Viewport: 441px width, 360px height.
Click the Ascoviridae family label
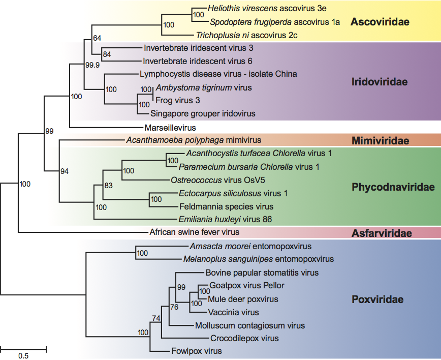click(x=380, y=22)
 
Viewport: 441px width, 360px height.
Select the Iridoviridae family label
click(x=381, y=82)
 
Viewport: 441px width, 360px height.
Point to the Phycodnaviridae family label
click(x=393, y=187)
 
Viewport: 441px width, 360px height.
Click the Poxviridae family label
click(x=377, y=299)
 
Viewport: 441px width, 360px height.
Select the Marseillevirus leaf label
click(x=170, y=128)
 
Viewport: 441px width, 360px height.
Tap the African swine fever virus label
click(x=194, y=232)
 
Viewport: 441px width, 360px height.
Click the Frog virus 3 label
click(x=177, y=101)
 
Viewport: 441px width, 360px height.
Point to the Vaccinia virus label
click(x=233, y=312)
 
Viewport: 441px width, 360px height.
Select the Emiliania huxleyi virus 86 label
click(x=226, y=220)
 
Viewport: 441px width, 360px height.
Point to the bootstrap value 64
click(x=98, y=38)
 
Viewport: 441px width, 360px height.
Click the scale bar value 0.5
click(x=23, y=356)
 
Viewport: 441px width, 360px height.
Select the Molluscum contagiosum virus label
click(x=250, y=325)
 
